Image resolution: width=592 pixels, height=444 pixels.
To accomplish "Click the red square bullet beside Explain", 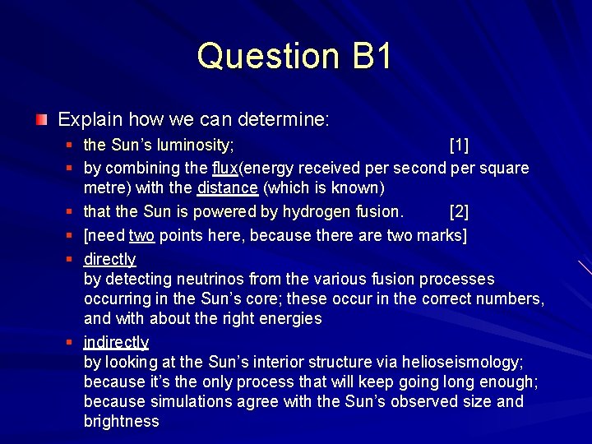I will [x=41, y=121].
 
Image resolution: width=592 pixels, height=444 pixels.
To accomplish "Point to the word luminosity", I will [x=191, y=146].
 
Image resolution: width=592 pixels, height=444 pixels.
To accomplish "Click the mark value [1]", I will [x=459, y=146].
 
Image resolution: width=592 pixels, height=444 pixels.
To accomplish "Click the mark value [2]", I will [x=459, y=212].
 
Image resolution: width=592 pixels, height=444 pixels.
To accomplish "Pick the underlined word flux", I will [x=224, y=169].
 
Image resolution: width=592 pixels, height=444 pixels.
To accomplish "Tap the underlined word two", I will [x=141, y=235].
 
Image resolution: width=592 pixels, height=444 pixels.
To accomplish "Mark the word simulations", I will [x=191, y=401].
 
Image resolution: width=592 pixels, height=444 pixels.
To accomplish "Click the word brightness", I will [x=122, y=421].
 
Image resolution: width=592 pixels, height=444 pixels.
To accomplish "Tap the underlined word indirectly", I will [x=116, y=342].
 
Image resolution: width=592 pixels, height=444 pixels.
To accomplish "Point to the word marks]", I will [x=444, y=235].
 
